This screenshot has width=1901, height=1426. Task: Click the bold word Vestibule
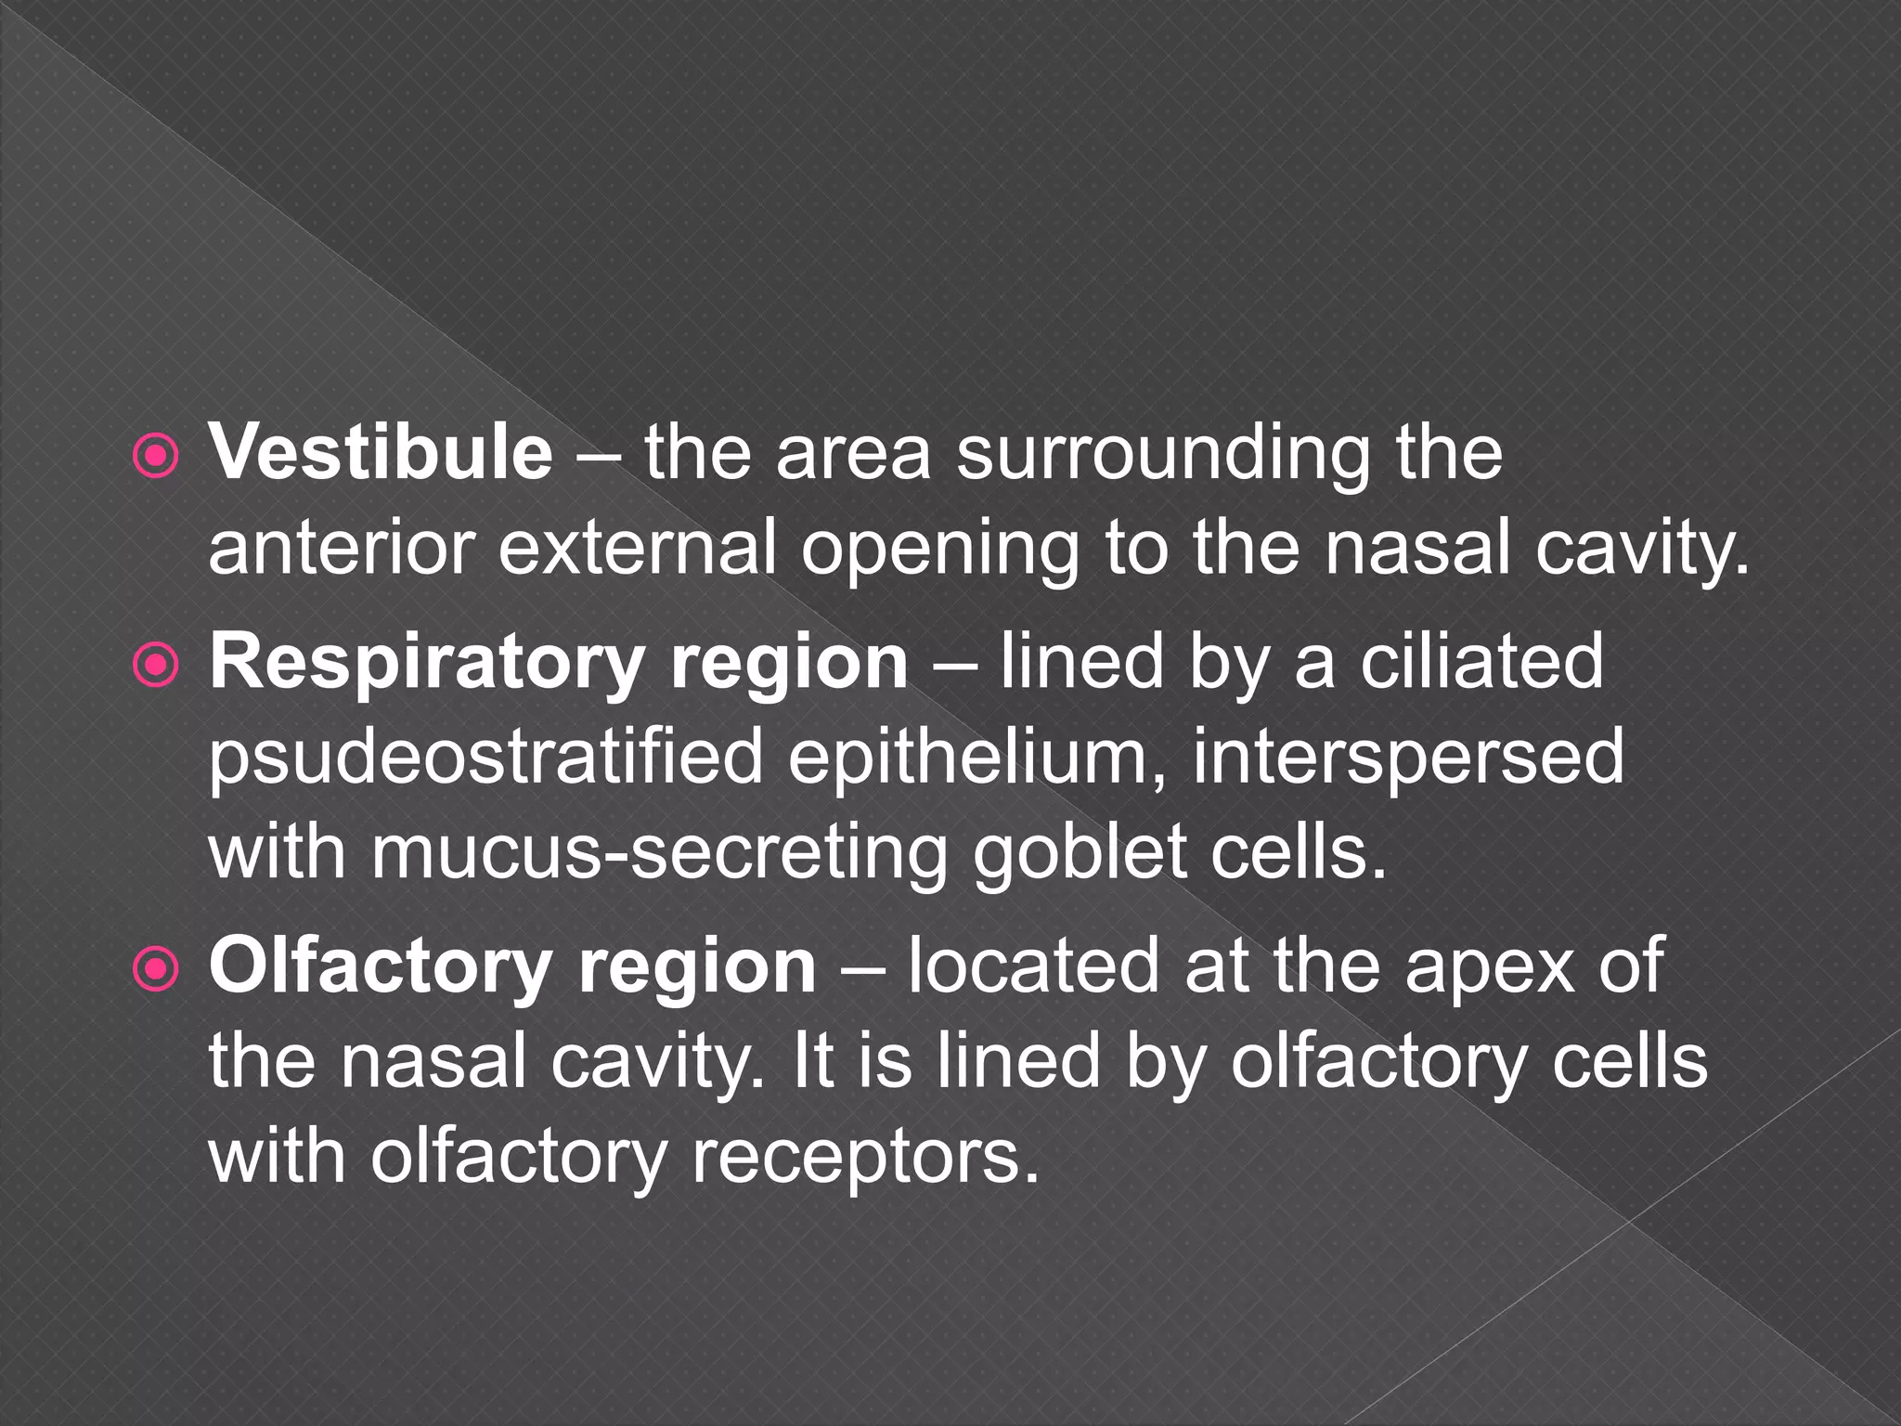pos(381,453)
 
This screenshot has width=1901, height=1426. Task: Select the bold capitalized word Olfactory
pos(381,967)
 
